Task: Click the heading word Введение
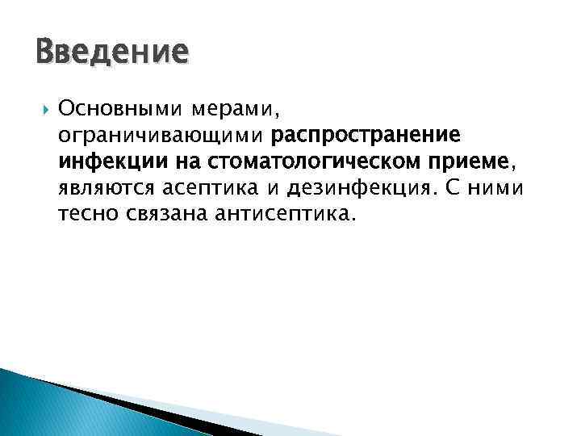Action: [x=112, y=53]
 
